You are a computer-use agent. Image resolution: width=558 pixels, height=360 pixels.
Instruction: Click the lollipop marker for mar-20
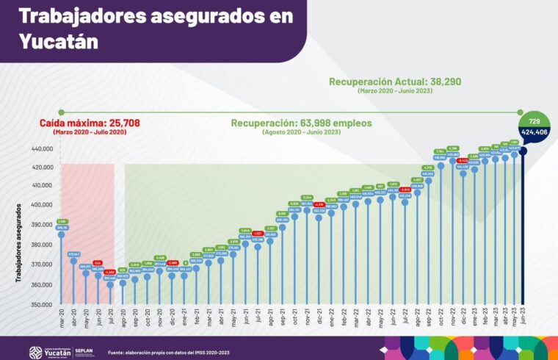click(x=62, y=235)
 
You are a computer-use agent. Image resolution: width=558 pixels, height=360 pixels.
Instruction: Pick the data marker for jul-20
click(x=110, y=284)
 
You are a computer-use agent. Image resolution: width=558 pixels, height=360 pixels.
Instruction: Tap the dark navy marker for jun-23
click(x=523, y=151)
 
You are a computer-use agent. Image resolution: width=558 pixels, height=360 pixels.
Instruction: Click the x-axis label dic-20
click(x=172, y=318)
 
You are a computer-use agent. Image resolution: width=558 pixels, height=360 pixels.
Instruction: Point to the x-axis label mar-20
click(x=62, y=318)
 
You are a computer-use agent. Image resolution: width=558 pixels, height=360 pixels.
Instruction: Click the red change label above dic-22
click(x=463, y=159)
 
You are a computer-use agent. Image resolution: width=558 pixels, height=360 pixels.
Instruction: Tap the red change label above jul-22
click(x=405, y=189)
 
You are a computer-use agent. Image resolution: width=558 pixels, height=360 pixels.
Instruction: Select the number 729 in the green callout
click(x=535, y=120)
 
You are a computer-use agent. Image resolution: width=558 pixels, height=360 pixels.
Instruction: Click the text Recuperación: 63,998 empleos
click(x=301, y=123)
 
